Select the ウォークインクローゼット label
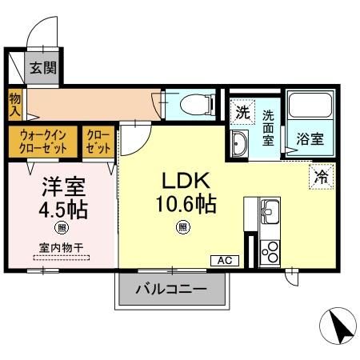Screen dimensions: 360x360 point(43,142)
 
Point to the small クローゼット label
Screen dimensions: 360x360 point(98,142)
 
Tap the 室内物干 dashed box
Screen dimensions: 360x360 point(62,250)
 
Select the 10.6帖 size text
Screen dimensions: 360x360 point(185,202)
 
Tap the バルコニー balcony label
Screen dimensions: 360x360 point(171,290)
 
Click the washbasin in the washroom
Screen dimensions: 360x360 point(239,144)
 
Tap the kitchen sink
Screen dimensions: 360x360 point(268,213)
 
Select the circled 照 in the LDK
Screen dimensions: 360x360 point(183,227)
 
